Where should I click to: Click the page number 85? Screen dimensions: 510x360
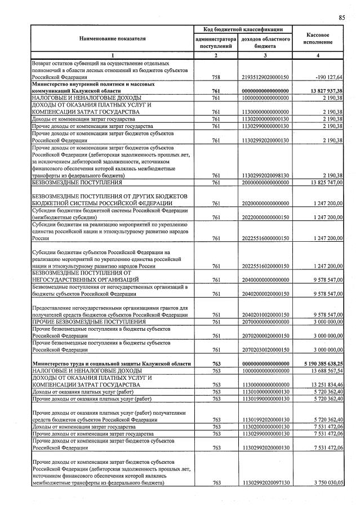(x=341, y=17)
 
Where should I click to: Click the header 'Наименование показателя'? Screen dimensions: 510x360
(x=112, y=39)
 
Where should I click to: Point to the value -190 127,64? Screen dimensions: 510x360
(x=326, y=77)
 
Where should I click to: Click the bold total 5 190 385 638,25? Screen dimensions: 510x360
(x=318, y=364)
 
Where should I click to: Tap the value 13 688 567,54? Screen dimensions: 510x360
(x=323, y=371)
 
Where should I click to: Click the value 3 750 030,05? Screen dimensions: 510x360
(x=324, y=483)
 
